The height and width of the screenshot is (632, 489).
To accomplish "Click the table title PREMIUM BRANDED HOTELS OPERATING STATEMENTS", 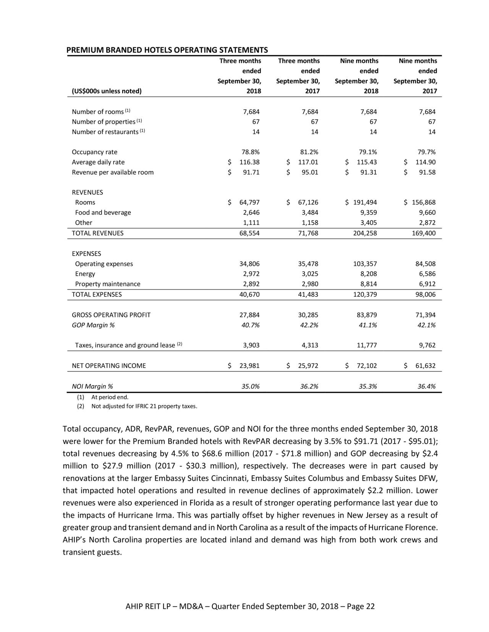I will tap(167, 50).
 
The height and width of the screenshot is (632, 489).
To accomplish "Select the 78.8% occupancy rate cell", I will tap(251, 152).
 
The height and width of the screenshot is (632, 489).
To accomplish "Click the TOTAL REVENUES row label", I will tap(98, 233).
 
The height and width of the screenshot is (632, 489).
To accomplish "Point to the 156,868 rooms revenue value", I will tap(423, 202).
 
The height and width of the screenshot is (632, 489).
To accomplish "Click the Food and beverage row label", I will tap(103, 213).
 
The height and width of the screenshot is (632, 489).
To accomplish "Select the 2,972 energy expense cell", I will tap(251, 274).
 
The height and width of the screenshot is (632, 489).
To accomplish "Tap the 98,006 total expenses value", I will tap(425, 295).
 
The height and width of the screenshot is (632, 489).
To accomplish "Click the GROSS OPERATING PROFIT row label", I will tap(111, 315).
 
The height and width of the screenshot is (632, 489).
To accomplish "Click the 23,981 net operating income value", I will tap(249, 366).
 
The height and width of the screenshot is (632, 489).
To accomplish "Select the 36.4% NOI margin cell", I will tap(426, 386).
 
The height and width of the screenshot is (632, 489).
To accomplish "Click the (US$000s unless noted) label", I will tap(107, 91).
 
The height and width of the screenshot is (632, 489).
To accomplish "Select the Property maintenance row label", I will tap(107, 284).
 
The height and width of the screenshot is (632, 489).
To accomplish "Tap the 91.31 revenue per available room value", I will tap(367, 172).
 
